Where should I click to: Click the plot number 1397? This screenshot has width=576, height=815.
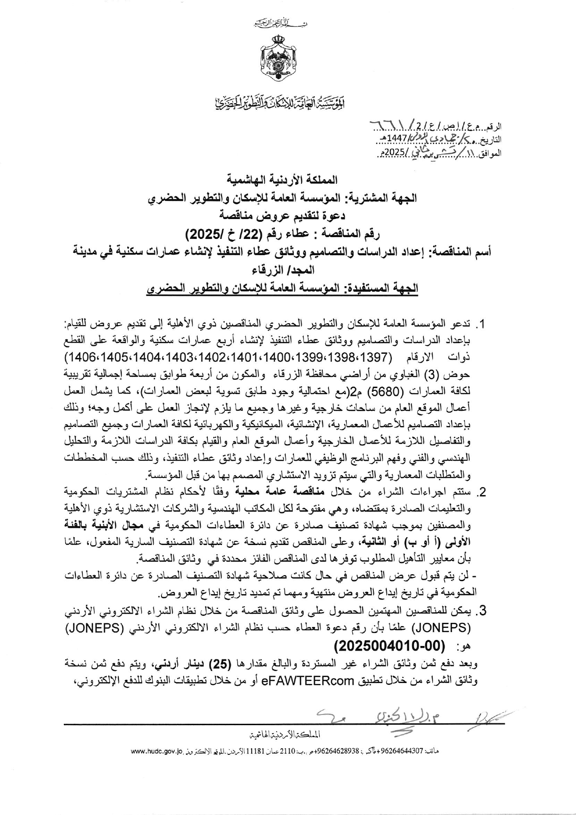[x=374, y=359]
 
